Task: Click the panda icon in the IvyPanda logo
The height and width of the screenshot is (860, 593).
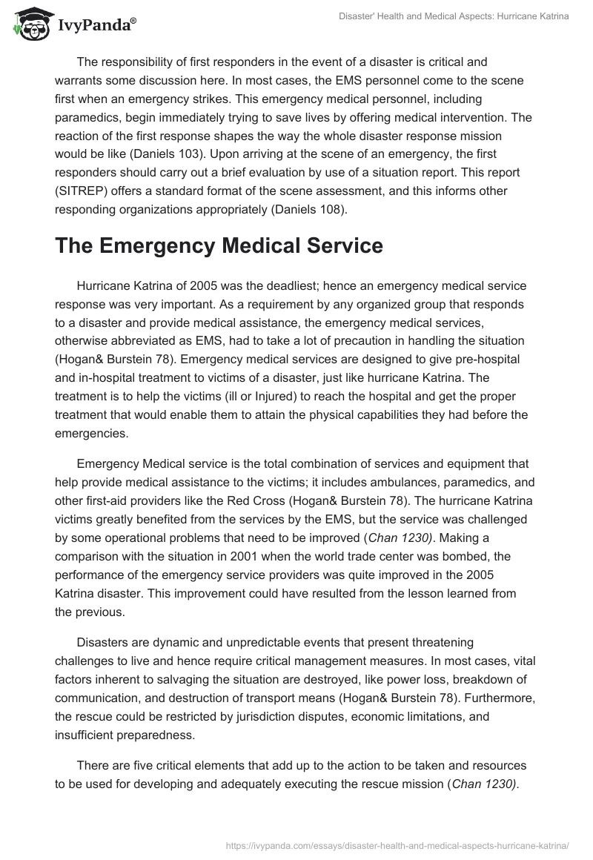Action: [x=29, y=23]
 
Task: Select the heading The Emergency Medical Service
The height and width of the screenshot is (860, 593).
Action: [x=219, y=246]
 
